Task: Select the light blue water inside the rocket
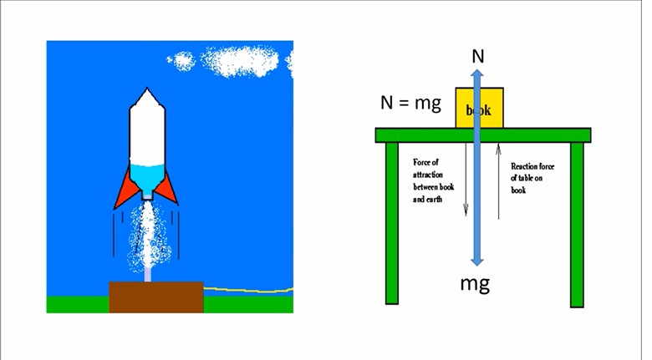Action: (147, 178)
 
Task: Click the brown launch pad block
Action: (156, 297)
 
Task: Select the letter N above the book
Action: (477, 56)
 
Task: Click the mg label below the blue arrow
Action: (475, 282)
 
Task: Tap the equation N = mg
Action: (410, 104)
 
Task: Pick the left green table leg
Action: (391, 223)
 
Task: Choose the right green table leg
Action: (577, 223)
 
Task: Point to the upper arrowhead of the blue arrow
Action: (477, 74)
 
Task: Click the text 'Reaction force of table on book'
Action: (532, 178)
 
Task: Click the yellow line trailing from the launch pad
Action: (251, 291)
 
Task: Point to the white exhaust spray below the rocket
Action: (149, 238)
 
